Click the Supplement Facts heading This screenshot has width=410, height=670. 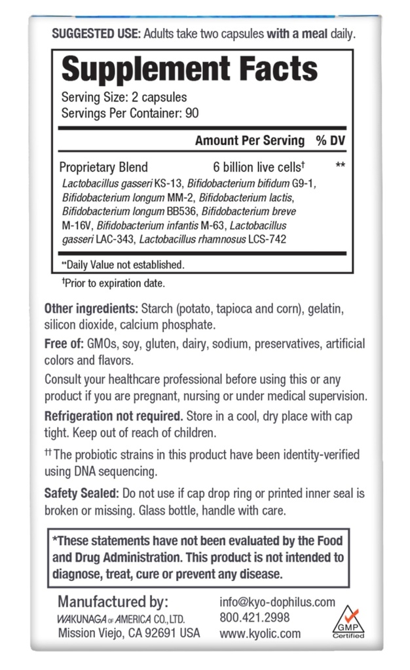coord(189,69)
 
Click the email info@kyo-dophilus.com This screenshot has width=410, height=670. coord(277,602)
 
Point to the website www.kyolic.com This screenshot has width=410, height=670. coord(260,633)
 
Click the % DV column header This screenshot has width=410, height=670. coord(330,141)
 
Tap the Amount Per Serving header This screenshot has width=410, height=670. coord(250,141)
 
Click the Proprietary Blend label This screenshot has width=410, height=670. coord(103,167)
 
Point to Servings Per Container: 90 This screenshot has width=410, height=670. coord(121,113)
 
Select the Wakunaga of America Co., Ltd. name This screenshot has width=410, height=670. coord(121,618)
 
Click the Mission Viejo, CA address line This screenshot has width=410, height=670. coord(128,633)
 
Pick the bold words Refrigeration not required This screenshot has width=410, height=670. coord(113,415)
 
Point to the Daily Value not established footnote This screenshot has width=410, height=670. coord(122,264)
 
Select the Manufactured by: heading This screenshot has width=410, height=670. coord(113,601)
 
